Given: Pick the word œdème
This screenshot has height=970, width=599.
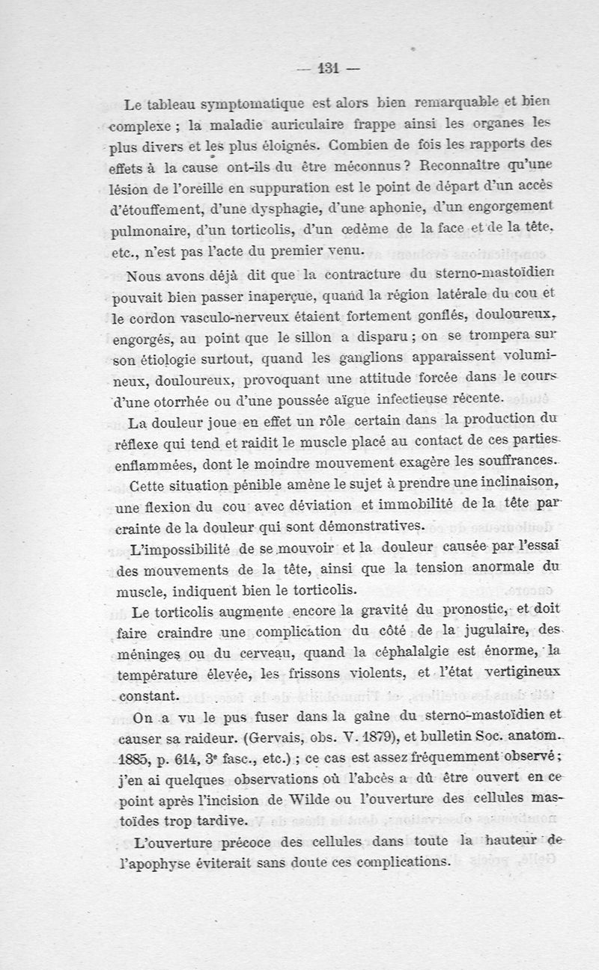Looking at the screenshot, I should tap(365, 225).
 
